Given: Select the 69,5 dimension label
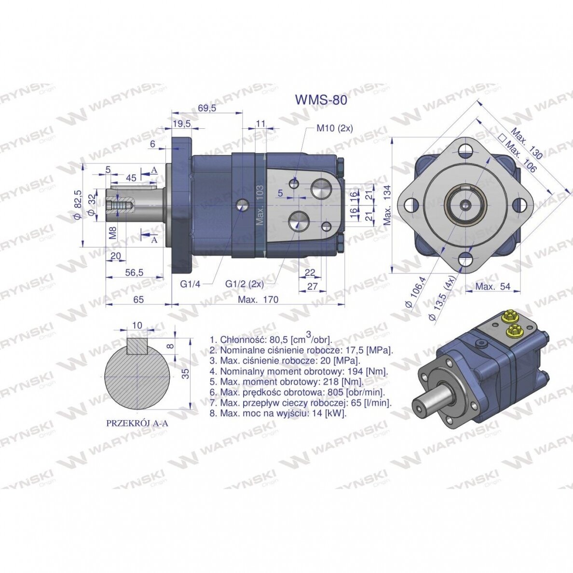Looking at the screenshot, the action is click(207, 108).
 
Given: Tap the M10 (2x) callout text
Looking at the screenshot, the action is click(334, 128).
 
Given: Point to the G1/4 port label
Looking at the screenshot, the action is click(191, 284).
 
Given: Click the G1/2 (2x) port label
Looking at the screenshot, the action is click(245, 284).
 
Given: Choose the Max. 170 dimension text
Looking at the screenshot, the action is click(258, 300).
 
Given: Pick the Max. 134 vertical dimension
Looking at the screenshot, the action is click(388, 205).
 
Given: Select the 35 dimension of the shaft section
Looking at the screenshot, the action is click(186, 373).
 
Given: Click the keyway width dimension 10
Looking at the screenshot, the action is click(137, 325).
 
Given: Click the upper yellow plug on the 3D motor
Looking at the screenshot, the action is click(508, 314).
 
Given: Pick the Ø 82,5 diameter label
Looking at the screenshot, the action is click(78, 205).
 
